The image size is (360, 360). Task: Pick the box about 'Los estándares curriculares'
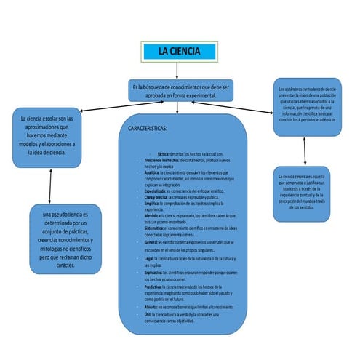306,106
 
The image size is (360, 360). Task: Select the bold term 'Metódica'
153,216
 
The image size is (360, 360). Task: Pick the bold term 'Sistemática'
156,228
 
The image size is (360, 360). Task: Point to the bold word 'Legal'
149,259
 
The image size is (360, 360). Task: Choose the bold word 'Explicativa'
154,272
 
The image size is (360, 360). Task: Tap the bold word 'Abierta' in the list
151,307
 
